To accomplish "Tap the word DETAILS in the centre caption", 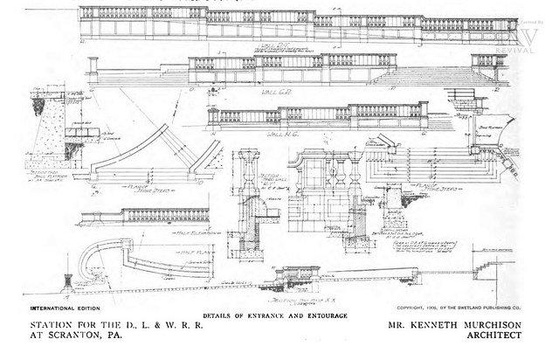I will [x=220, y=314].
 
